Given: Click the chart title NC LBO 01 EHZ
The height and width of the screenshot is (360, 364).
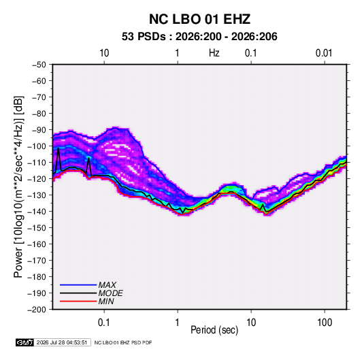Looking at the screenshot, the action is point(199,19).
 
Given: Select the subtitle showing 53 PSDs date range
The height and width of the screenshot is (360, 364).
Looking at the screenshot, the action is point(199,37).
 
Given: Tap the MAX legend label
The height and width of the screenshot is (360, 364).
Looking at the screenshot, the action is point(107,285).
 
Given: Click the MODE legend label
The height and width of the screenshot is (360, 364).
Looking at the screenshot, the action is point(110,293).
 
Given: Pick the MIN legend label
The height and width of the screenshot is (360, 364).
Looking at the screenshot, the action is point(106,301).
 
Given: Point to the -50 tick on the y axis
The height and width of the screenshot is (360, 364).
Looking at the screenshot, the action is point(39,65).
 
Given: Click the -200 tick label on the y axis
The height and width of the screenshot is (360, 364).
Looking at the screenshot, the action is point(37,310).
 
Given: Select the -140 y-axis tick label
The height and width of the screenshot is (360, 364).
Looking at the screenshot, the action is point(37,212).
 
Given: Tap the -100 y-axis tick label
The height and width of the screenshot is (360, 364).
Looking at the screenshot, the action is point(37,146).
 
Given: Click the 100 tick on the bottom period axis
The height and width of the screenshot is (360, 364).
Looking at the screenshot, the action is point(325,323).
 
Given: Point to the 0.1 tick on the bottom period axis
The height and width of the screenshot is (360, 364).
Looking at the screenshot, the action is point(104,323).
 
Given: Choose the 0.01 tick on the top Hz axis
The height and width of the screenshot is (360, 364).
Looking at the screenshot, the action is point(324,53).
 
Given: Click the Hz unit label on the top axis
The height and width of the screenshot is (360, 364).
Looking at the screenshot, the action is point(214,53).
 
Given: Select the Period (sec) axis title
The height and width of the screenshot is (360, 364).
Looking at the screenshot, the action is point(214,330).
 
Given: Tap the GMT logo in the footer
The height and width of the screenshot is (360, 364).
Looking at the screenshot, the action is point(25,342).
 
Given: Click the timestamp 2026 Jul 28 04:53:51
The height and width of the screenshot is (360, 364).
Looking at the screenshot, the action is point(62,342).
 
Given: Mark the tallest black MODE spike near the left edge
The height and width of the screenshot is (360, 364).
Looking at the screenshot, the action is point(59,148).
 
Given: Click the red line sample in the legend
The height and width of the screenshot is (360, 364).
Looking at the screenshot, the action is point(78,301).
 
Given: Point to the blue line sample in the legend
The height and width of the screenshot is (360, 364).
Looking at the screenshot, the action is point(78,285).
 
